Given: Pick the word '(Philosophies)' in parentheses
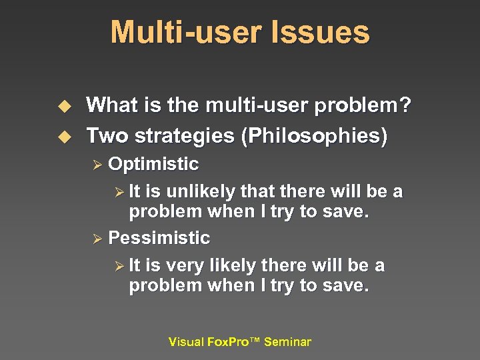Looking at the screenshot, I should [314, 136].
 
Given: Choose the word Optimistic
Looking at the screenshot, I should [153, 164].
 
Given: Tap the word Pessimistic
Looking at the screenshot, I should [159, 238].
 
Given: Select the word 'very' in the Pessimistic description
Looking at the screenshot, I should [185, 266].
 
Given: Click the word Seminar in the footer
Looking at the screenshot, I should [287, 342].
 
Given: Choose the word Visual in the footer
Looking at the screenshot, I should [186, 342].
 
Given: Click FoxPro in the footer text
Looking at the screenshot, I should [227, 342].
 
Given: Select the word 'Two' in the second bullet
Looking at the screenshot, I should [107, 136].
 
